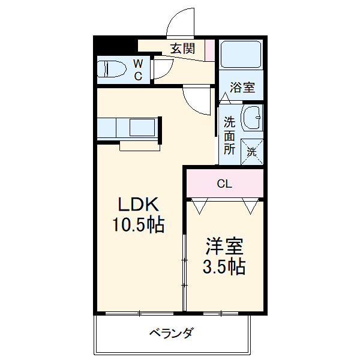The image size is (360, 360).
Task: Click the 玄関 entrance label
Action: [x=182, y=49]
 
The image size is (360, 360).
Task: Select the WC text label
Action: [x=138, y=69]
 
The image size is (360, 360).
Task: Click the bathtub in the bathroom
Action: [x=240, y=55]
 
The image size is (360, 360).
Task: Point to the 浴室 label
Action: [x=243, y=88]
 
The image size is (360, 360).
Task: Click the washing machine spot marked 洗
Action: [x=252, y=151]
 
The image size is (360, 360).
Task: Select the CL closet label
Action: [x=224, y=184]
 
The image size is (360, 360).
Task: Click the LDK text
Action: [x=138, y=205]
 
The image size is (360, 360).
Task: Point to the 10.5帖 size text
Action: [x=139, y=226]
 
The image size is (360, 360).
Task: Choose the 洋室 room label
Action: [x=225, y=247]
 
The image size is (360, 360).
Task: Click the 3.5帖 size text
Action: [x=225, y=267]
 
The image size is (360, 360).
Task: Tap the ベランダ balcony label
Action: [x=171, y=333]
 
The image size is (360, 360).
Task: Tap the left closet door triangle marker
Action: [x=200, y=206]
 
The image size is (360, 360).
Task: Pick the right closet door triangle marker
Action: [x=251, y=206]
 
